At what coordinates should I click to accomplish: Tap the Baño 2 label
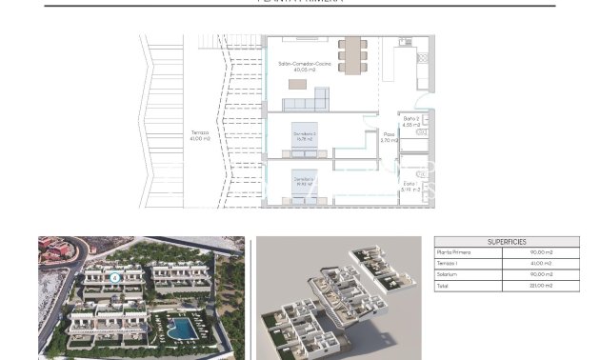tap(411, 121)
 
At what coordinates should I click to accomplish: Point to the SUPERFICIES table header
tap(506, 242)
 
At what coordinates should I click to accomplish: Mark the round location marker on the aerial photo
tap(114, 278)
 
